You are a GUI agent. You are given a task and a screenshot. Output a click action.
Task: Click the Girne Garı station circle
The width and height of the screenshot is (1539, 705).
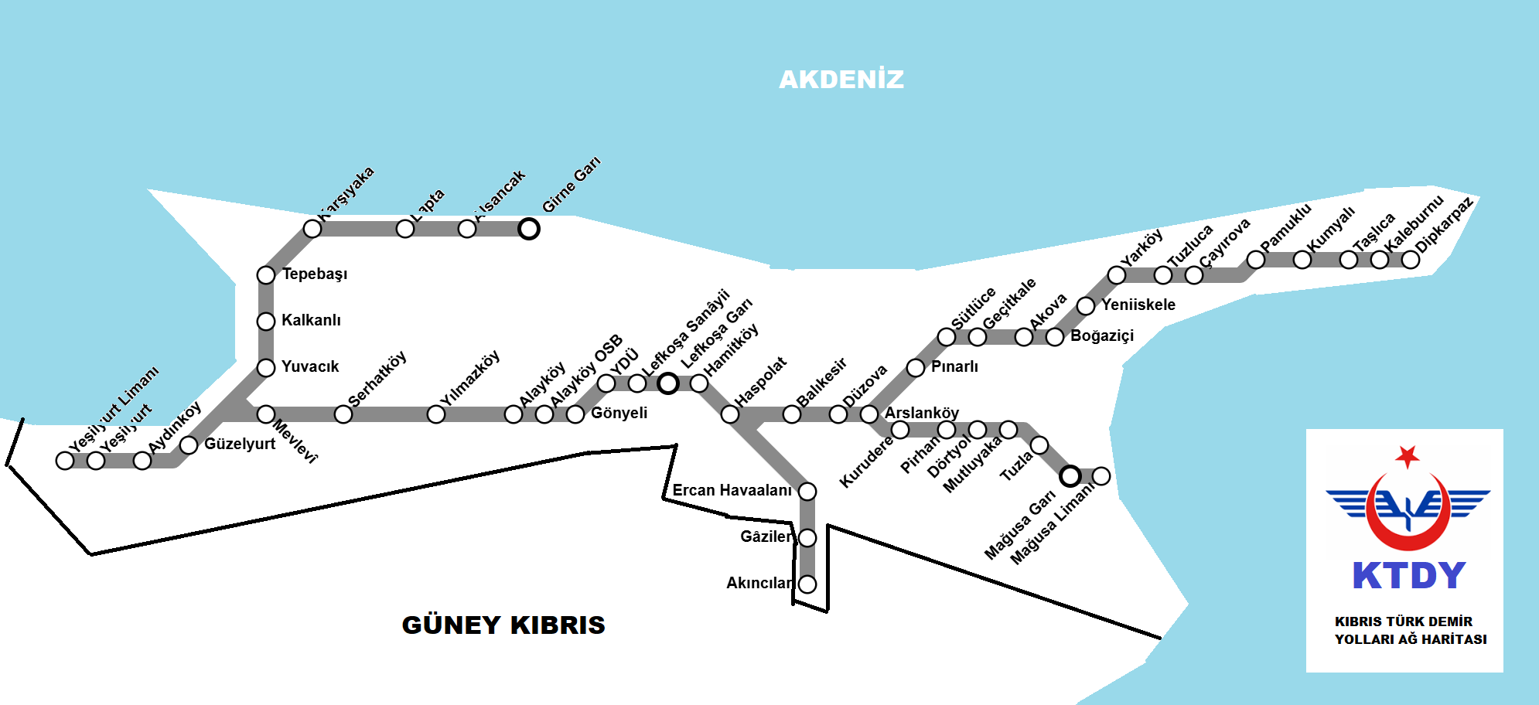[x=529, y=229]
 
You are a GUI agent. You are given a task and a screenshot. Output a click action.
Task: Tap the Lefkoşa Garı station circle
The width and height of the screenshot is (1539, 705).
[x=668, y=383]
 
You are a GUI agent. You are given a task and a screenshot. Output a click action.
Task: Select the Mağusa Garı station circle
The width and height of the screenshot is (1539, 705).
[x=1070, y=476]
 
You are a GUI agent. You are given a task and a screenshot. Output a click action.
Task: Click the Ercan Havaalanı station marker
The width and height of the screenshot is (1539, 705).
[x=807, y=492]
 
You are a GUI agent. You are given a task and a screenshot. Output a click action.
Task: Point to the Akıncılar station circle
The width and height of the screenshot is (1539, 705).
[x=807, y=584]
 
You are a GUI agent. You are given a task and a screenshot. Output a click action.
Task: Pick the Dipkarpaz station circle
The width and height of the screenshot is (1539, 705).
[x=1411, y=260]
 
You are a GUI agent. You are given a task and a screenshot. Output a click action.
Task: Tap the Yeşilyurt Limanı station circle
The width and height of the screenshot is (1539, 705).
[x=65, y=461]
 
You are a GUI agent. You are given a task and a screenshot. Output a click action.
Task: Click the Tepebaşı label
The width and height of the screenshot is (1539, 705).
[x=315, y=274]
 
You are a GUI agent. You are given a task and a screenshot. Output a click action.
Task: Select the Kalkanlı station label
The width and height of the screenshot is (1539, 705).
[x=311, y=321]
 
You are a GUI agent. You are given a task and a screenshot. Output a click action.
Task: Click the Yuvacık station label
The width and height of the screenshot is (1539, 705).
[x=310, y=367]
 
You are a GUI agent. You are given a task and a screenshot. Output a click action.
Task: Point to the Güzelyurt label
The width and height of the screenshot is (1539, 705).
[x=240, y=444]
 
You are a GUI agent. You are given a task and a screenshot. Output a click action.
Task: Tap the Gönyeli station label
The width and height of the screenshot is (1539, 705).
[x=619, y=414]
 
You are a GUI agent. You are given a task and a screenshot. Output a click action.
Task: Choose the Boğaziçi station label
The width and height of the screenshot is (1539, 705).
[x=1102, y=336]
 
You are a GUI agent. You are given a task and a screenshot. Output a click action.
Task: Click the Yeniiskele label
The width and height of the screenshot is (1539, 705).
[x=1138, y=305]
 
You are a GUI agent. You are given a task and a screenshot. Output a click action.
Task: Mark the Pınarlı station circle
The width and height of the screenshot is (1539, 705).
[x=916, y=368]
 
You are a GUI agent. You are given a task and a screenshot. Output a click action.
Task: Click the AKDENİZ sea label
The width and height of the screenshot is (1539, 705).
[x=841, y=80]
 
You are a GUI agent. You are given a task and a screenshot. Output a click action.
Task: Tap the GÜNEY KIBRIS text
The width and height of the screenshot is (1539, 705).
[x=503, y=625]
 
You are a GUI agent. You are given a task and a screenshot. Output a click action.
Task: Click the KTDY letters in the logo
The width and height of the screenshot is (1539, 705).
[x=1409, y=576]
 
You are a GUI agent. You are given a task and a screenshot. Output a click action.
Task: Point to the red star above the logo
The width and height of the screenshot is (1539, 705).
[x=1408, y=456]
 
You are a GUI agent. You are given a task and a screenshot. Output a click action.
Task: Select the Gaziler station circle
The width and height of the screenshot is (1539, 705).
[x=807, y=538]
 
